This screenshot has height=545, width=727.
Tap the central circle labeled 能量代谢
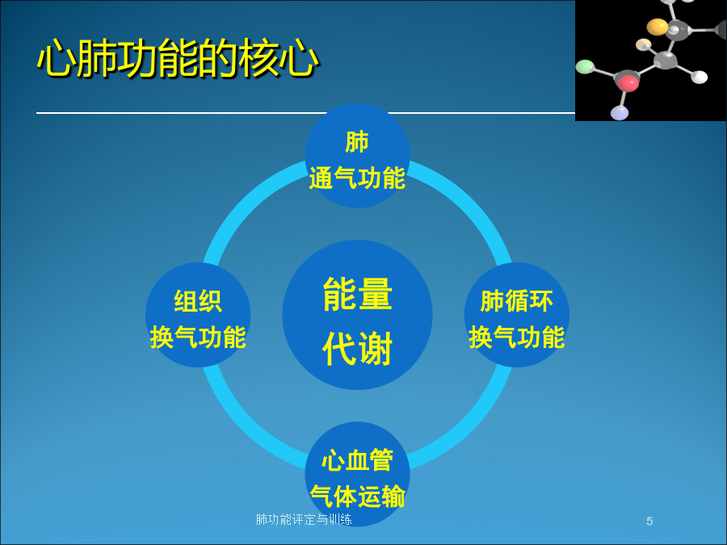358,315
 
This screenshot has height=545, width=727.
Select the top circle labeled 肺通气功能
358,155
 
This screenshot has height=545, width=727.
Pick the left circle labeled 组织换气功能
198,315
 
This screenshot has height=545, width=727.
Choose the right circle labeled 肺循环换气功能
517,315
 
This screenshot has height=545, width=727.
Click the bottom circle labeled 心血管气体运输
358,474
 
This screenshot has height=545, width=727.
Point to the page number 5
649,522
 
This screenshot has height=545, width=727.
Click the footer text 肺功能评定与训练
304,519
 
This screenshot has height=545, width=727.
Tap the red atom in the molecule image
628,83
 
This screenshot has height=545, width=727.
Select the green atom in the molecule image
585,66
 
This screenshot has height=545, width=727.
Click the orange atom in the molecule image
657,27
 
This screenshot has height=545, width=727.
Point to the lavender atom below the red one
620,112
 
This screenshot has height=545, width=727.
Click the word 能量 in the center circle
358,294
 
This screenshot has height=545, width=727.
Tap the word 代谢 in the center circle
358,349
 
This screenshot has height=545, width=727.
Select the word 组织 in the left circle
198,301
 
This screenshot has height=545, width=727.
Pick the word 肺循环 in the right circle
517,301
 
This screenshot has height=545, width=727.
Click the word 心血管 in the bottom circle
358,460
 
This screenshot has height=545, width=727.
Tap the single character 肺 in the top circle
357,142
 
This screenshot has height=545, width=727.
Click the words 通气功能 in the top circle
358,178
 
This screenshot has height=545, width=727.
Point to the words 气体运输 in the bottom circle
358,497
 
